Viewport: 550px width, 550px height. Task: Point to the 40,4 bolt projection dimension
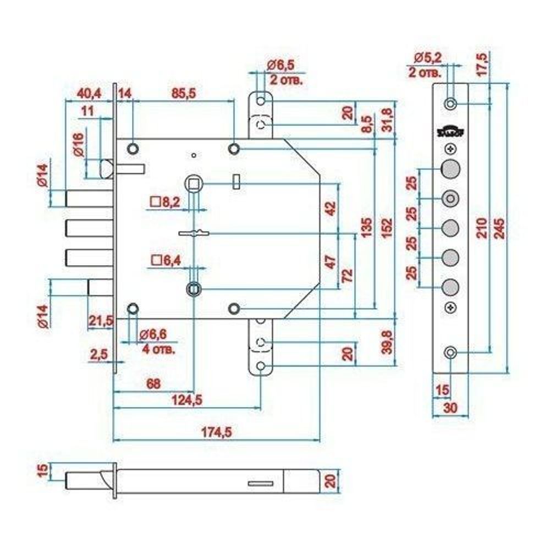[89, 93]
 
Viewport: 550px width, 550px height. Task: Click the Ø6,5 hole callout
[281, 65]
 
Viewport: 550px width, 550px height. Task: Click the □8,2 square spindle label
[164, 202]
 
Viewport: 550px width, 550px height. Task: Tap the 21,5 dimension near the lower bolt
[101, 320]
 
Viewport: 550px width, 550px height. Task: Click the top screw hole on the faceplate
[450, 103]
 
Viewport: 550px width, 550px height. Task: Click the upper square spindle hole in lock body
[193, 183]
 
